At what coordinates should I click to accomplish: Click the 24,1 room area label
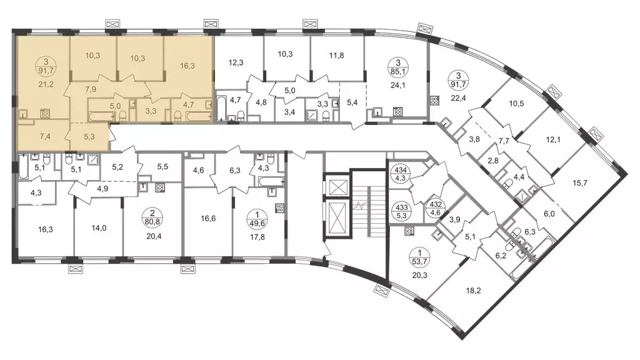(x=398, y=85)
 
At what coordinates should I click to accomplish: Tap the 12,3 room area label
(x=236, y=63)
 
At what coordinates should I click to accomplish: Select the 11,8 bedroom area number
(x=336, y=55)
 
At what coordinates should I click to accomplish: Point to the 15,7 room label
(x=579, y=183)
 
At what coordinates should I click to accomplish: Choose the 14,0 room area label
(x=99, y=228)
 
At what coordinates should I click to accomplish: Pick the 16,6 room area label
(x=208, y=218)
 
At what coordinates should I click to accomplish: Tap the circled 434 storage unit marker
(x=399, y=173)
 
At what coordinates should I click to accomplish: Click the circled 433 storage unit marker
(x=399, y=211)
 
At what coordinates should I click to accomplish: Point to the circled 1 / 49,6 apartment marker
(x=257, y=218)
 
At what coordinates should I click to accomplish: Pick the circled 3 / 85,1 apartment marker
(x=398, y=67)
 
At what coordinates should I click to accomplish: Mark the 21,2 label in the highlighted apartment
(x=46, y=84)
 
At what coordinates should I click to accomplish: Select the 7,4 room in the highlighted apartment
(x=45, y=136)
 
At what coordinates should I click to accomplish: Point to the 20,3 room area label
(x=419, y=275)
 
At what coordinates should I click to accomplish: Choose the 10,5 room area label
(x=516, y=104)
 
